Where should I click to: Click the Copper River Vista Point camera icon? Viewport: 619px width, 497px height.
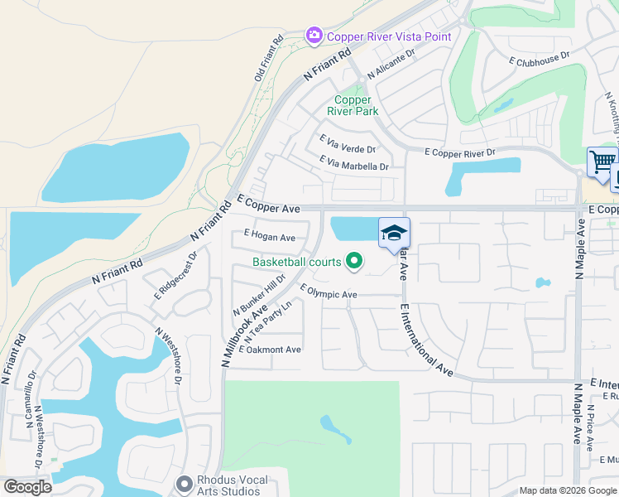click(x=314, y=35)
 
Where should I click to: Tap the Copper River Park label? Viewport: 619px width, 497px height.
click(x=353, y=105)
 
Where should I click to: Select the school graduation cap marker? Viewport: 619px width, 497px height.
click(x=395, y=233)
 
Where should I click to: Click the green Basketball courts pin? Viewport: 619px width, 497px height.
click(x=355, y=262)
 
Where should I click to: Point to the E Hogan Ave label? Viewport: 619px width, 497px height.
click(x=270, y=238)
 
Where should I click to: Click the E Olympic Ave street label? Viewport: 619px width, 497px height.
click(x=329, y=292)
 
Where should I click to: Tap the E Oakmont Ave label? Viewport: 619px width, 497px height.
click(x=270, y=350)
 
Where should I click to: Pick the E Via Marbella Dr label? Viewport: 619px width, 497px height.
click(x=353, y=164)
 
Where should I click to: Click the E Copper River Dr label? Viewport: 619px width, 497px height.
click(x=459, y=152)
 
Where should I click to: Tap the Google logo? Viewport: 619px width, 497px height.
click(x=27, y=487)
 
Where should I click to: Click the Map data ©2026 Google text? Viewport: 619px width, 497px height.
click(x=567, y=490)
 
